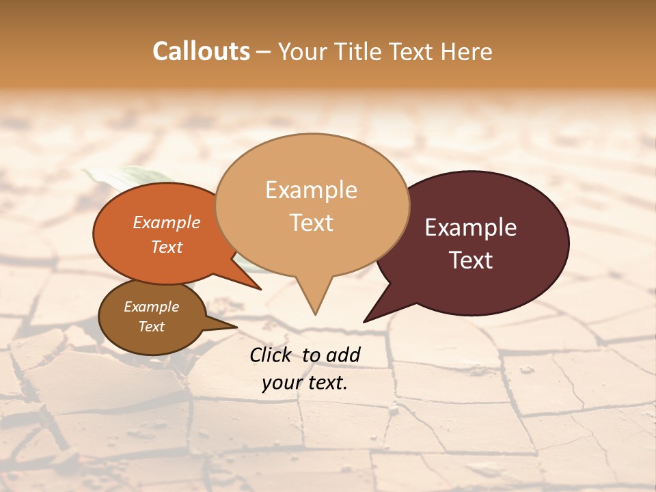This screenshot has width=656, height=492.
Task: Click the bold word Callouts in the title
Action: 201,51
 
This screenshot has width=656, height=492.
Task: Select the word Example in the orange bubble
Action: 166,222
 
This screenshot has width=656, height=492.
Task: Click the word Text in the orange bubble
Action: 166,247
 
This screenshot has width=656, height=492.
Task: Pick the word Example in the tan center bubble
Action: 311,190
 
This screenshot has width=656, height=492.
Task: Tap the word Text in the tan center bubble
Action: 311,223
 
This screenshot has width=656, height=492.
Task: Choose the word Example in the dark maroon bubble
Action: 471,228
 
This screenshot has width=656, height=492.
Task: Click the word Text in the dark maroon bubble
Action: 471,260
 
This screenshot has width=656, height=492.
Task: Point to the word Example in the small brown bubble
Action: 151,307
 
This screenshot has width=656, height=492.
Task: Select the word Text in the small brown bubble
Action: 151,327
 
